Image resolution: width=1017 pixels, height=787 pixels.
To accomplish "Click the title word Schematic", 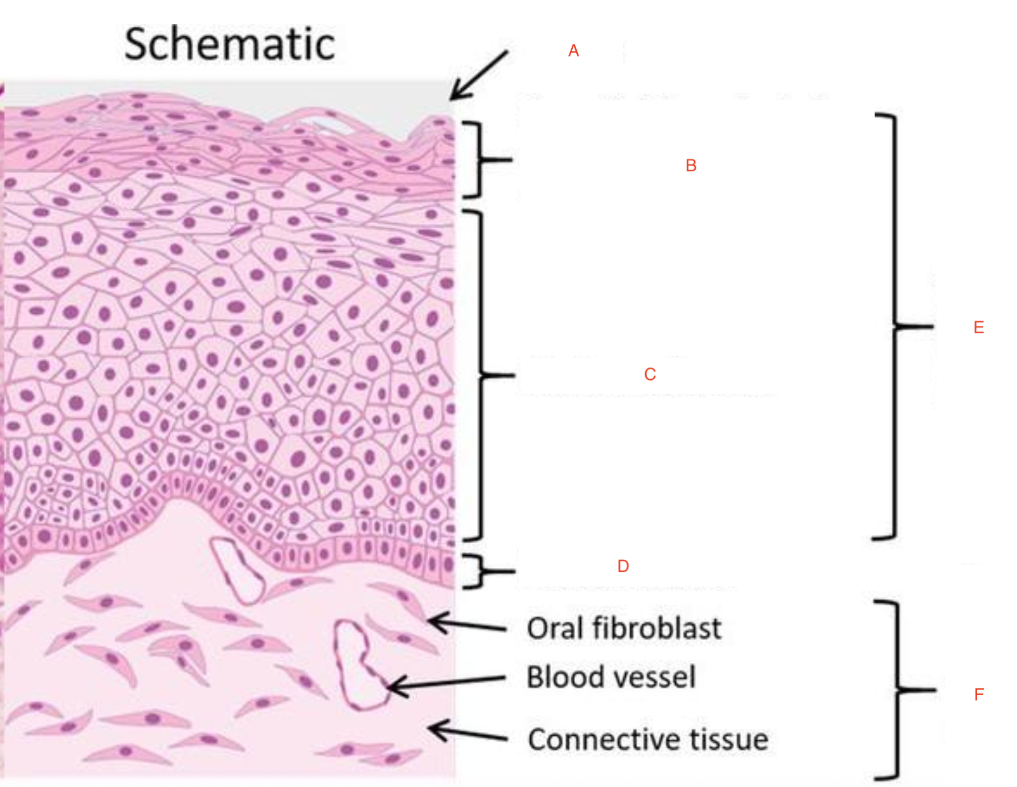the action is (229, 44).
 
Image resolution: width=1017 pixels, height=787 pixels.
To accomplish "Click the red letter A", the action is (573, 51).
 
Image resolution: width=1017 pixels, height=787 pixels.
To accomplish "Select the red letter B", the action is (691, 166).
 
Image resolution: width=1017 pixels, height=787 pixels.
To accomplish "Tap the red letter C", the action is (650, 374).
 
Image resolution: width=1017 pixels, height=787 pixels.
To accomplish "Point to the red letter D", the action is (623, 566).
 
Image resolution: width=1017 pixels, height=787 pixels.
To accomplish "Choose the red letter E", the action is (979, 327).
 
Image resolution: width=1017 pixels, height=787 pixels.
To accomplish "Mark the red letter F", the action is (979, 694).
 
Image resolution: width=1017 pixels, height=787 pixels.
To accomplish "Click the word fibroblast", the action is (657, 628).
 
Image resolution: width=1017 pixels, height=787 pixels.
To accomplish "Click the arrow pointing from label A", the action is (479, 75).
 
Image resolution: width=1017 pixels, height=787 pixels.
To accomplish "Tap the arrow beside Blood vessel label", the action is (446, 684).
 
